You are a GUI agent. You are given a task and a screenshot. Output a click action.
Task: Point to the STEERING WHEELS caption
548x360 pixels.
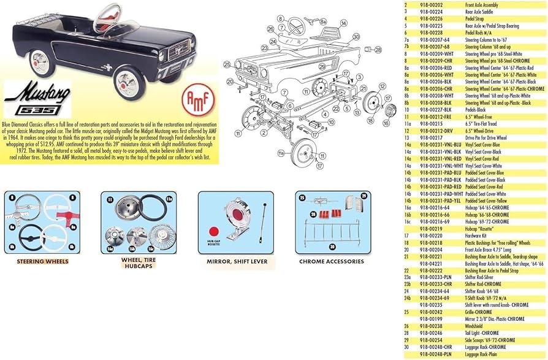coord(42,261)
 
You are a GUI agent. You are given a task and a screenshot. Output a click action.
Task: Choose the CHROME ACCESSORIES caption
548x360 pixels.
coord(331,261)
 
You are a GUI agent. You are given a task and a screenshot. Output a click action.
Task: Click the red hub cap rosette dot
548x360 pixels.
coord(214,232)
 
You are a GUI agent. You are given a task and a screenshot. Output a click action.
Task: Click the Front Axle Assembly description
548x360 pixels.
coord(485,4)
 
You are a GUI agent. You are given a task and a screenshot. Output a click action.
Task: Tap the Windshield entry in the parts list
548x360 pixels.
coord(477,326)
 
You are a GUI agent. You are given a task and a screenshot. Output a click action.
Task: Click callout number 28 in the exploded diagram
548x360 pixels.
coord(378,49)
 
